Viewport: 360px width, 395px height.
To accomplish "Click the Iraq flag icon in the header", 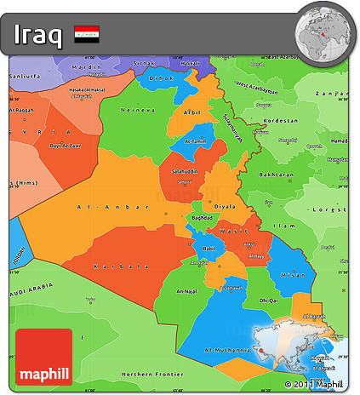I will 86,35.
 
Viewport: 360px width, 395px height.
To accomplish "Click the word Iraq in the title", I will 37,35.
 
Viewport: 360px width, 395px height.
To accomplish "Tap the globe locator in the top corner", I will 324,34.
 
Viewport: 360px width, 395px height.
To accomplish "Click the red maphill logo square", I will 43,357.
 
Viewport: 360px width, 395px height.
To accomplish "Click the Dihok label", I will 160,78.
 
